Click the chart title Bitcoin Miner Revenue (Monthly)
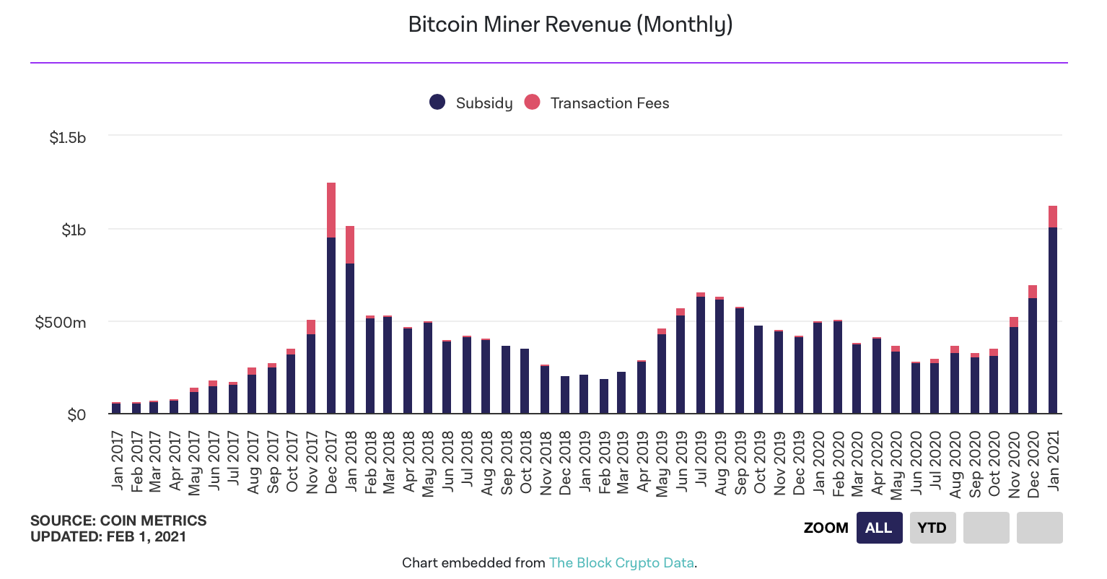pos(570,25)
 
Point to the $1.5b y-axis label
pos(67,137)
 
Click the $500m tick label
pos(61,322)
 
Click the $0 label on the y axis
pos(76,414)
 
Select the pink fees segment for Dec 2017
pos(331,210)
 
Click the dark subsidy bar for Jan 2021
pos(1053,321)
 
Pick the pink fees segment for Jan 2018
pos(350,245)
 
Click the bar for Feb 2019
pos(604,396)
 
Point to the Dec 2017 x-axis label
pos(331,462)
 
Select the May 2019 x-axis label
pos(662,463)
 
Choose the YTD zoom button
pos(932,528)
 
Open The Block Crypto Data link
pos(621,562)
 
